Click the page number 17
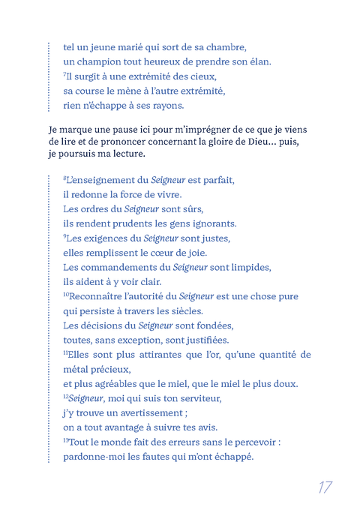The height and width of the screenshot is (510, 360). point(325,487)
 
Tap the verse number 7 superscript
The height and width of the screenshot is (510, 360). point(65,74)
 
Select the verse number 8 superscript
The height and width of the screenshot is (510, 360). point(65,178)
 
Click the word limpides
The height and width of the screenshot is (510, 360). point(250,267)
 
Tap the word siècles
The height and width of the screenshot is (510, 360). point(184,310)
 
